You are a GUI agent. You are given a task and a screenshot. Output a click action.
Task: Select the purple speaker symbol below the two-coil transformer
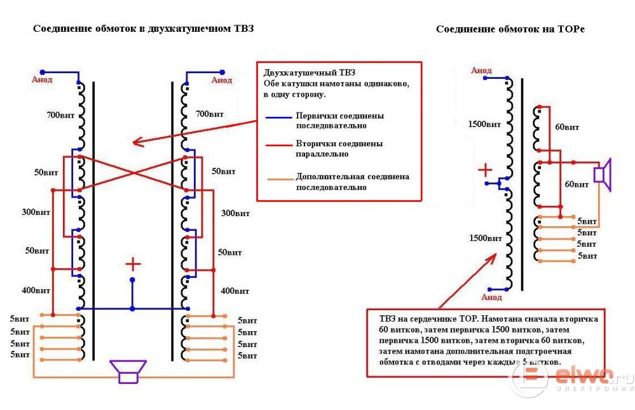click(x=128, y=371)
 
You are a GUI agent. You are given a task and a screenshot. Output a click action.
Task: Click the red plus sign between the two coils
click(x=132, y=264)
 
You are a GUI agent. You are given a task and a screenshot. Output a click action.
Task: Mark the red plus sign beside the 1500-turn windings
click(x=485, y=170)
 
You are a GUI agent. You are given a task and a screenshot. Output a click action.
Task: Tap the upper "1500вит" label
click(x=484, y=124)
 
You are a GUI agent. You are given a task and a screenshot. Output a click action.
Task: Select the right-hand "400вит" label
click(x=235, y=290)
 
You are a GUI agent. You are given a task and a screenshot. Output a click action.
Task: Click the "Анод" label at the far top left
click(x=42, y=80)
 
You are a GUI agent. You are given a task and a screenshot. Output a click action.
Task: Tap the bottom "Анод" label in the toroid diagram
click(x=491, y=297)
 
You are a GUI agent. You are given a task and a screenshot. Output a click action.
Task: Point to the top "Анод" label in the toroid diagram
click(x=481, y=70)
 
